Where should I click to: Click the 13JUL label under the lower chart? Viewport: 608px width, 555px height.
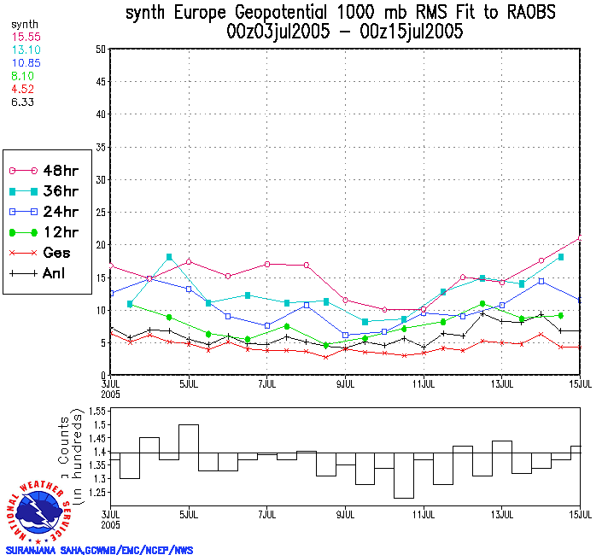(502, 515)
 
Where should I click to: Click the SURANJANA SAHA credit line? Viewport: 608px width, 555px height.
(99, 550)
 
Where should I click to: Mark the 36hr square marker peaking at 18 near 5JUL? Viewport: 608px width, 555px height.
(169, 257)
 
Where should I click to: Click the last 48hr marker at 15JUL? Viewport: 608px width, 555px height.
(581, 238)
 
